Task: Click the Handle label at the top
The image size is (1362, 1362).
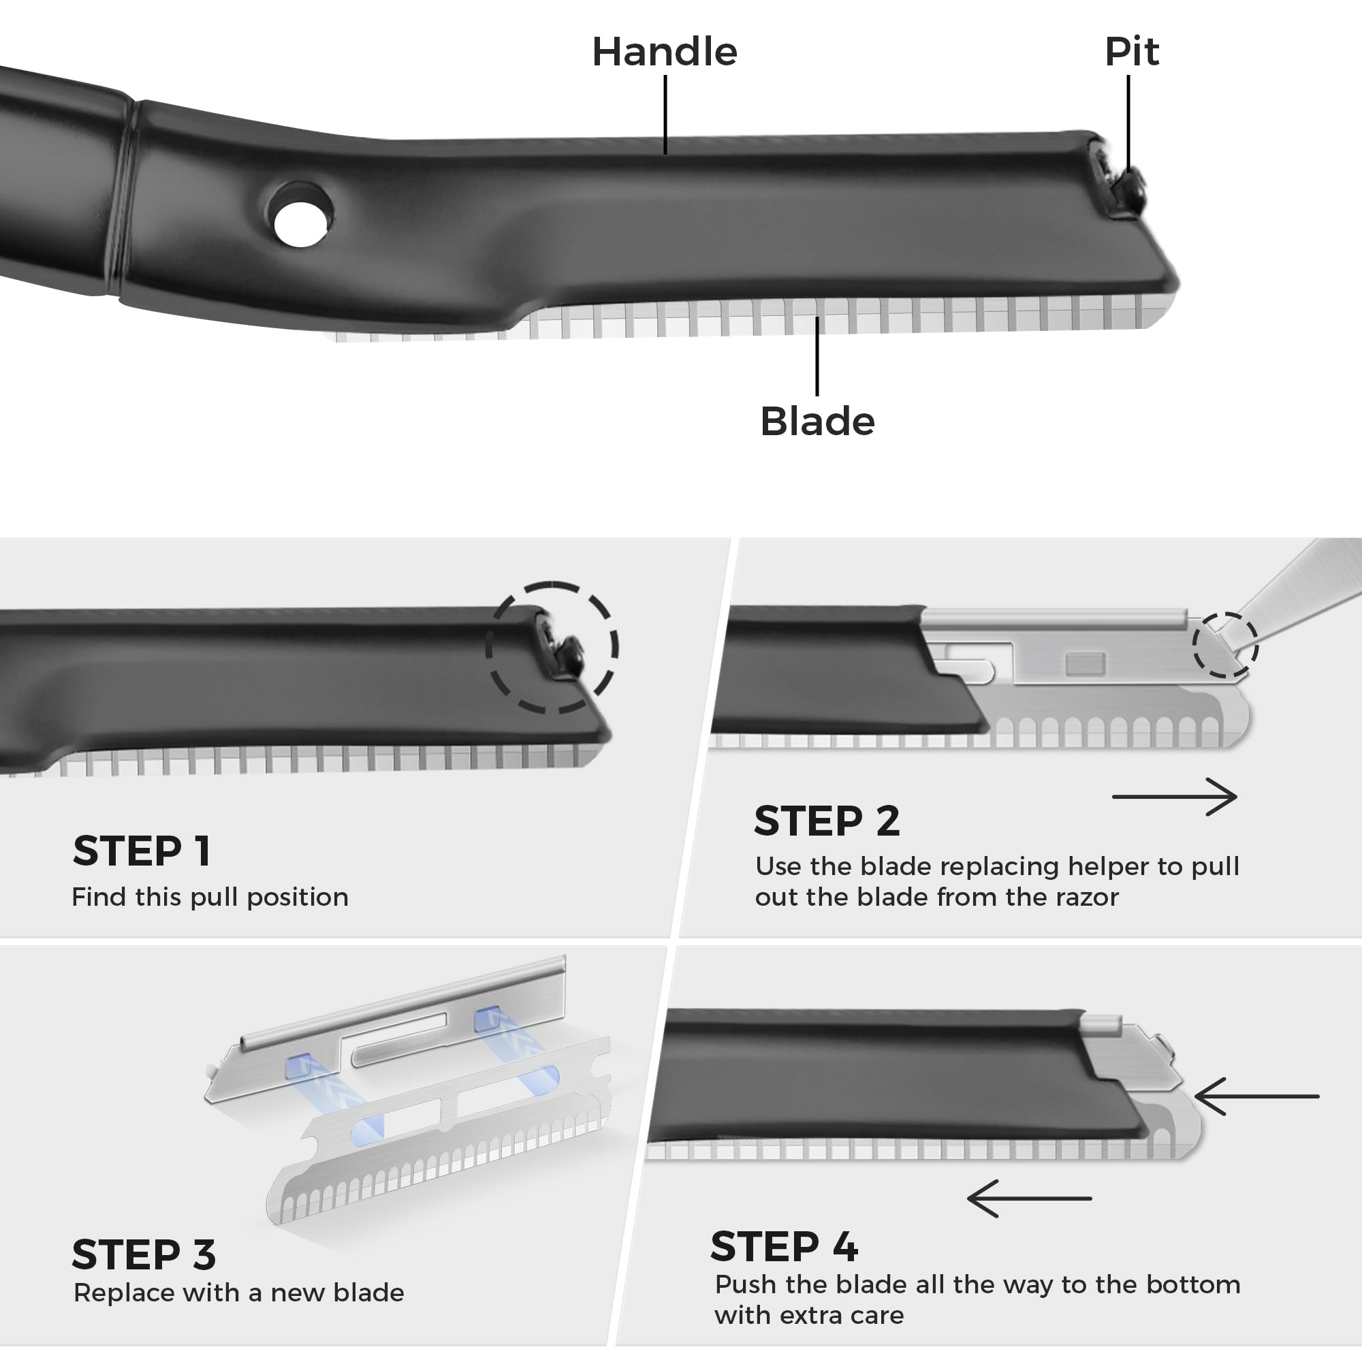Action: [x=664, y=52]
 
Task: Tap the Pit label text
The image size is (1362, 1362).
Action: [x=1130, y=52]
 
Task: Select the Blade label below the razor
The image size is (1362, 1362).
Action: [x=817, y=422]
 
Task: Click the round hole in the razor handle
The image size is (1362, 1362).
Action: [x=300, y=224]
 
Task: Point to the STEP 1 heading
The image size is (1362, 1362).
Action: [x=142, y=851]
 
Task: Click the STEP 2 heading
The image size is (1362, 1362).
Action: [x=826, y=821]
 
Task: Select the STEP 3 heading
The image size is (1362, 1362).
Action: [x=144, y=1255]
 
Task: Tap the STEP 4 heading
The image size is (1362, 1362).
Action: [x=784, y=1247]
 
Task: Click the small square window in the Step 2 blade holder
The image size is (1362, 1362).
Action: [x=1085, y=664]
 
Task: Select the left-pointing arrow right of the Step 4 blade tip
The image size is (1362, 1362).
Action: [x=1256, y=1096]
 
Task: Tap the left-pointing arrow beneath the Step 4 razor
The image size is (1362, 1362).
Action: [x=1029, y=1199]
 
